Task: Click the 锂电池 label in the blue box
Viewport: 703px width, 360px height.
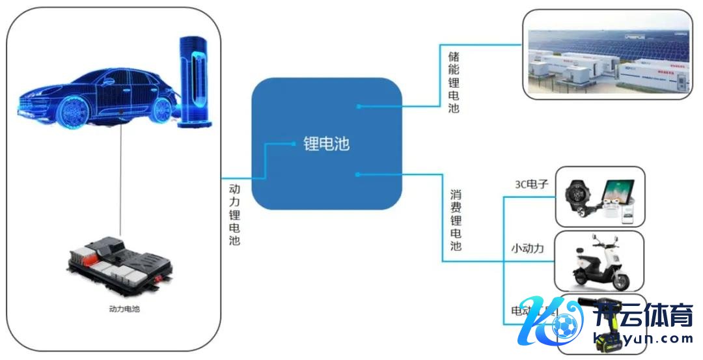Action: (x=327, y=145)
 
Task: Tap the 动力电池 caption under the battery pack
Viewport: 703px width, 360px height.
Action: (x=124, y=309)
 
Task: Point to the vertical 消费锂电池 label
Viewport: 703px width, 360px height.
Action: (x=456, y=221)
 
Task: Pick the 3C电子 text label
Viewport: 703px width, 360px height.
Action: (x=531, y=185)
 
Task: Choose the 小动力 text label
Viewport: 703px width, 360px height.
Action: (x=527, y=248)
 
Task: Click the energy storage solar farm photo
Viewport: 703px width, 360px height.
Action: (x=607, y=55)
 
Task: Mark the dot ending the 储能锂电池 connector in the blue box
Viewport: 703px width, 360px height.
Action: (x=358, y=105)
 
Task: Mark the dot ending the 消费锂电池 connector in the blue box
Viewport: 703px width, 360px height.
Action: (x=357, y=174)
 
